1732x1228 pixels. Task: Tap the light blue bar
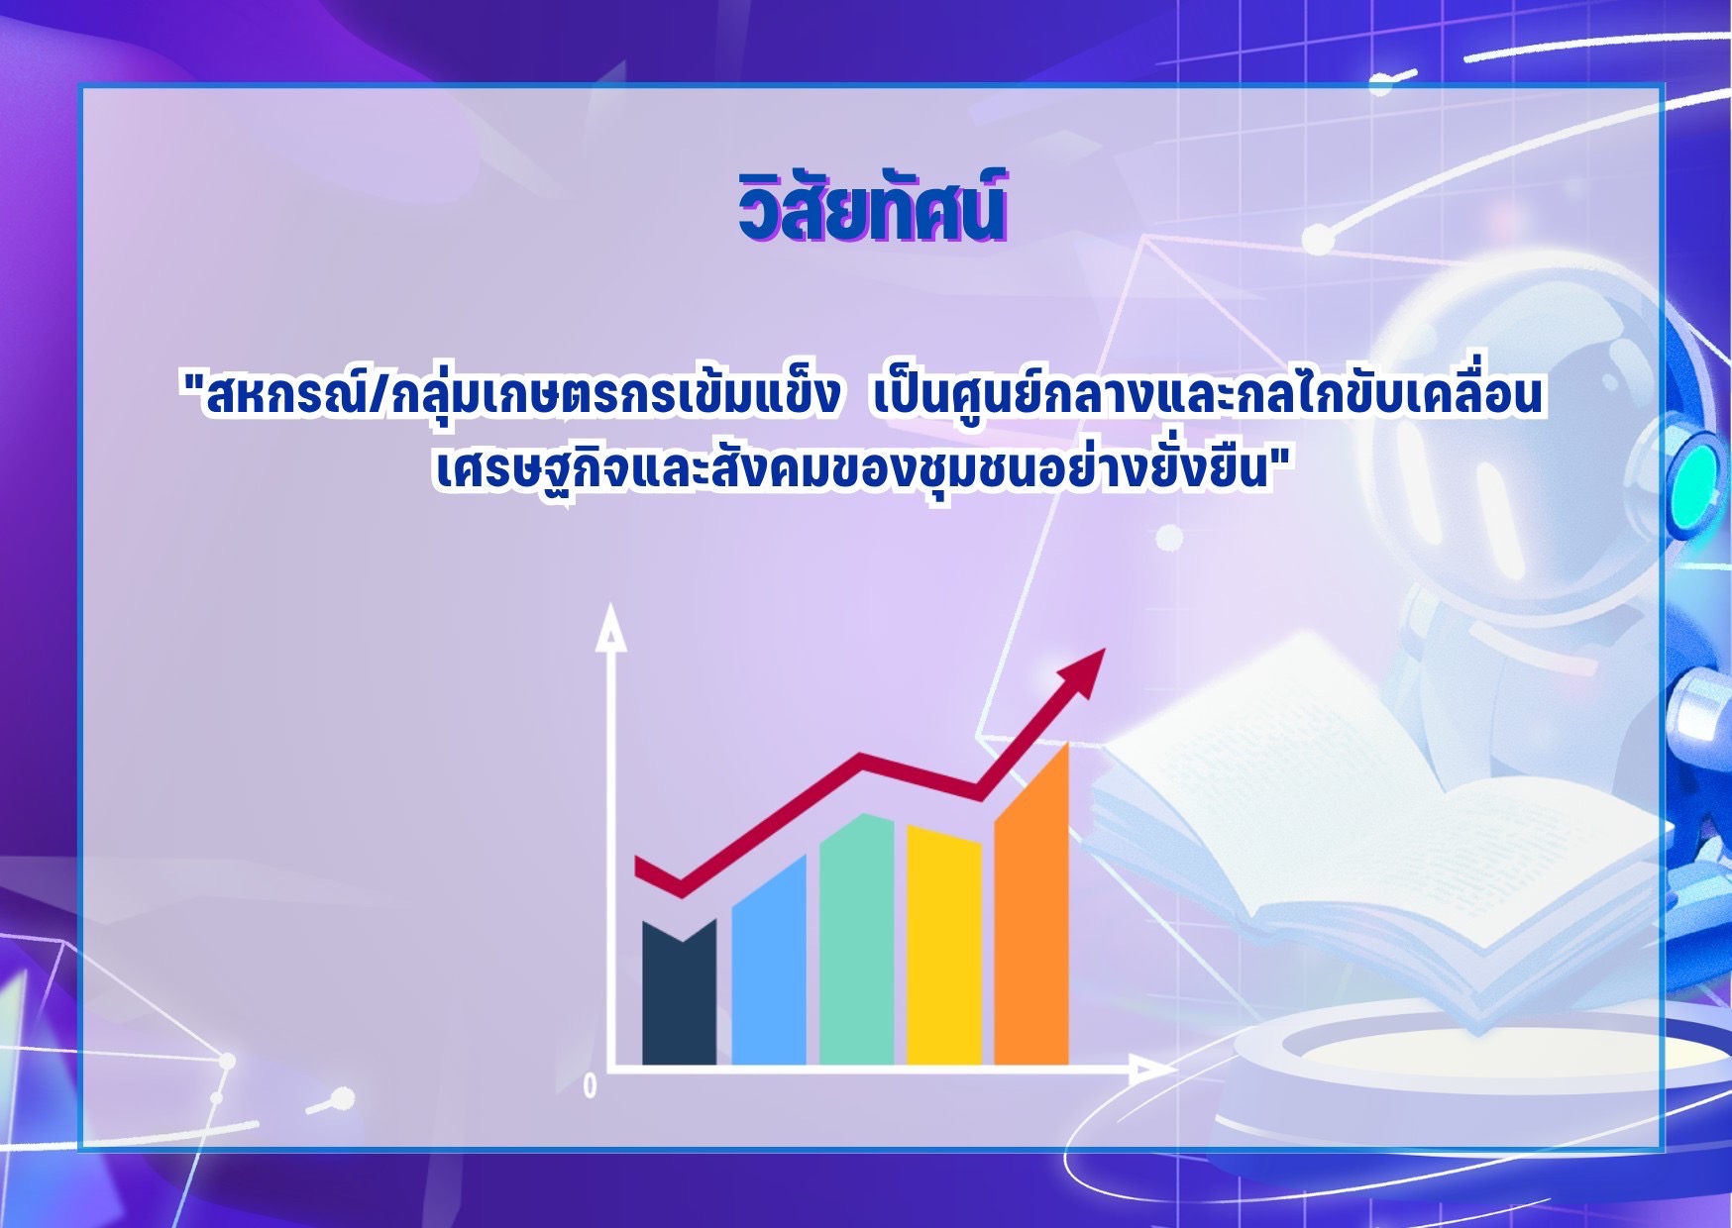(x=769, y=961)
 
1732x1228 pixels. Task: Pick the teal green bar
(x=857, y=940)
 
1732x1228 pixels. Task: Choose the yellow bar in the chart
(x=944, y=946)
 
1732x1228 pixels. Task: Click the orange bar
(x=1031, y=904)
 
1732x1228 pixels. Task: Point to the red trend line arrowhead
(x=1083, y=672)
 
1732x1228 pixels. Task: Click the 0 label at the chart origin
(x=591, y=1086)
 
